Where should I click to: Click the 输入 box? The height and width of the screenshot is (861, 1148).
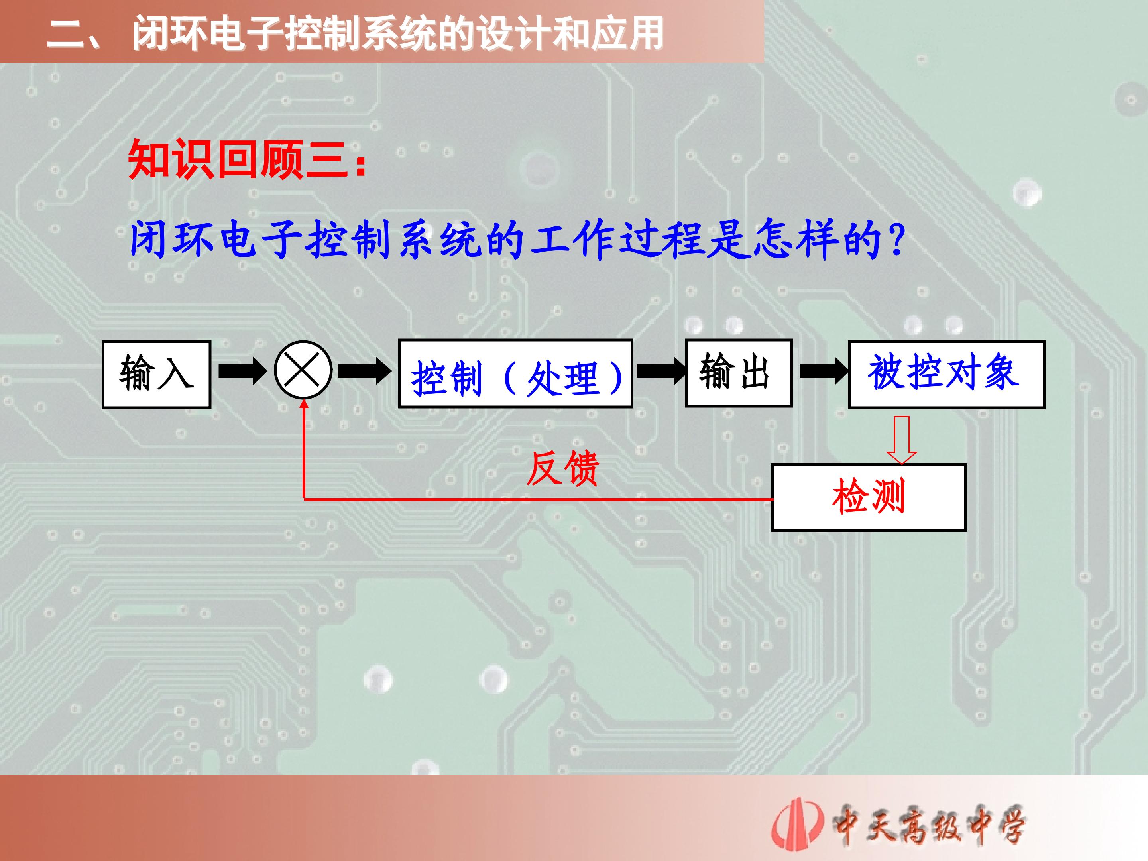point(156,375)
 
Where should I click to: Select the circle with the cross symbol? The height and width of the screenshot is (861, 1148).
point(303,370)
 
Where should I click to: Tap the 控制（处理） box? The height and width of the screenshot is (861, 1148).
point(515,373)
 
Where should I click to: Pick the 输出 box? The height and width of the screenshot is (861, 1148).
point(739,373)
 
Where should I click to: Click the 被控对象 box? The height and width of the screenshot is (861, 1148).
point(947,375)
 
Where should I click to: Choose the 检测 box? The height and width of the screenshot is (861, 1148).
point(869,497)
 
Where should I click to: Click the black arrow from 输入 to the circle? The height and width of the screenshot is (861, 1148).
point(243,371)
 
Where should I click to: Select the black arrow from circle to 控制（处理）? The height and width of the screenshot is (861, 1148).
point(365,371)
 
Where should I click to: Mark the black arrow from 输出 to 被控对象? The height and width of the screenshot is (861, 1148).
point(825,371)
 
